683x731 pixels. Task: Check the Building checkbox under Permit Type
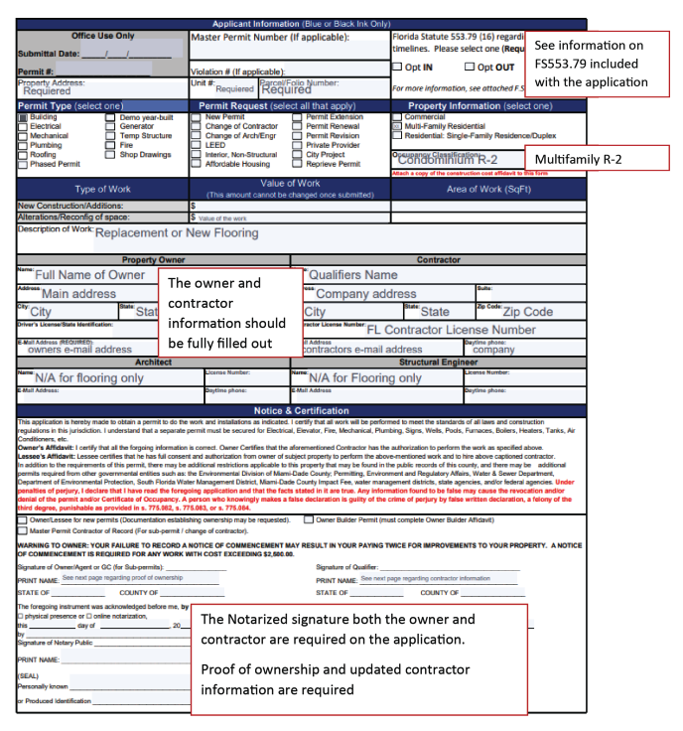click(x=22, y=117)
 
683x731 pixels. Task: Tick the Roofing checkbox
click(x=22, y=155)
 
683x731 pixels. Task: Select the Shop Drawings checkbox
click(x=110, y=155)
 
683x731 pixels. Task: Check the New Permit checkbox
click(x=197, y=117)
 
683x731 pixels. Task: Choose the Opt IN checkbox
click(x=398, y=68)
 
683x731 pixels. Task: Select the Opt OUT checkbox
click(x=470, y=68)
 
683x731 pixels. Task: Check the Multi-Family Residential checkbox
click(x=397, y=126)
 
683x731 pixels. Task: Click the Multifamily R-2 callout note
click(x=579, y=159)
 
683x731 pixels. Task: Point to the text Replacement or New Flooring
click(x=176, y=233)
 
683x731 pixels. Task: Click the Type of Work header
click(x=103, y=189)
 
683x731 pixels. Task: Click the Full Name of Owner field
click(x=90, y=275)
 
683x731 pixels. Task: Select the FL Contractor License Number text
click(x=452, y=330)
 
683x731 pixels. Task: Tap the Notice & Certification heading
click(x=302, y=410)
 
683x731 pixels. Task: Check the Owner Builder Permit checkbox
click(x=309, y=519)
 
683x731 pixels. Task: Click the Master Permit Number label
click(x=270, y=39)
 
